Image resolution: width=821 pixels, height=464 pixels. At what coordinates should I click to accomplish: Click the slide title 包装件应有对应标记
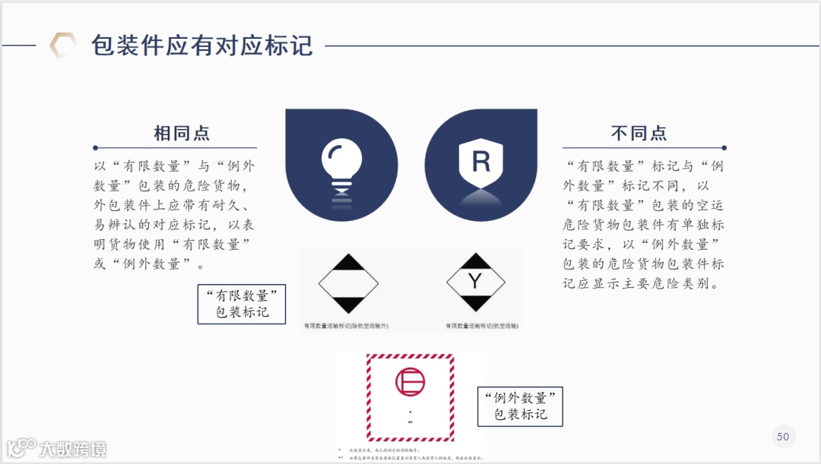201,45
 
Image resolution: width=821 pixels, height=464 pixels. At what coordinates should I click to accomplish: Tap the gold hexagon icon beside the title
63,45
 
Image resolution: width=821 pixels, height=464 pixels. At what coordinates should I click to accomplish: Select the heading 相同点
182,134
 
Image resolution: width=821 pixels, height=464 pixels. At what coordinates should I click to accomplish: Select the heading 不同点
639,134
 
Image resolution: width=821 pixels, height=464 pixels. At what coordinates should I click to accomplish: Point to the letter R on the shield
481,162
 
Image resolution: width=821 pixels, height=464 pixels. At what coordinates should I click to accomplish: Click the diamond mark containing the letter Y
475,283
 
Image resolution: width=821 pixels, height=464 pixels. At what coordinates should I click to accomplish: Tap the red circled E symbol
410,381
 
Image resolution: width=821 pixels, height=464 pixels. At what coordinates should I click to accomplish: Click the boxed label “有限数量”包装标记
242,304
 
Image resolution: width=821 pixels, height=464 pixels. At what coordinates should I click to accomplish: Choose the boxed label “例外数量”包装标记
520,406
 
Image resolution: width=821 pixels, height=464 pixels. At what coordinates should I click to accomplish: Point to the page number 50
783,436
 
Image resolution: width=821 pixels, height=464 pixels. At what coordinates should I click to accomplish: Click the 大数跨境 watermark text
72,449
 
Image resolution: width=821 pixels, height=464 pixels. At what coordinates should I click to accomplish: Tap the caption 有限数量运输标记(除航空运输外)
346,325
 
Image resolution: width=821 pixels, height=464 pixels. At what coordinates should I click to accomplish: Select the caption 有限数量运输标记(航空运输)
481,325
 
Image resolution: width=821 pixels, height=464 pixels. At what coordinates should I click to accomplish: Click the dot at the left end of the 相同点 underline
96,147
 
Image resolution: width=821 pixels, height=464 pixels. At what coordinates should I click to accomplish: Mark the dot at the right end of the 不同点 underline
724,147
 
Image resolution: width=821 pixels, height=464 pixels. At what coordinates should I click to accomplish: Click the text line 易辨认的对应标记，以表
174,225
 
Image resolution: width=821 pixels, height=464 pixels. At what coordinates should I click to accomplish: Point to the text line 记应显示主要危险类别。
643,284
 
